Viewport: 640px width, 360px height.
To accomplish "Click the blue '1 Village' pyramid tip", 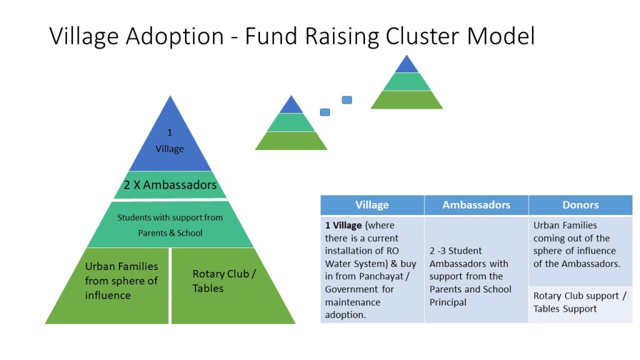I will tap(170, 141).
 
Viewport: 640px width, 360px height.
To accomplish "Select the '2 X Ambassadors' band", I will tap(170, 185).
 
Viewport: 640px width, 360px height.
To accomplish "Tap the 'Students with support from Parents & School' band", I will tap(170, 225).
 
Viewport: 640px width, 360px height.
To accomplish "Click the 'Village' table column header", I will tap(372, 205).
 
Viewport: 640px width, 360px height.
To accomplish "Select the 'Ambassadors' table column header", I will tap(476, 205).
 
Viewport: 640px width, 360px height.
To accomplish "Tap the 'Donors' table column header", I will tap(581, 205).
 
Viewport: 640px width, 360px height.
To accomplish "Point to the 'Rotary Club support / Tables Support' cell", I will tap(580, 302).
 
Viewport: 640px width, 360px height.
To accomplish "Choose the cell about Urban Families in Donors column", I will tap(580, 244).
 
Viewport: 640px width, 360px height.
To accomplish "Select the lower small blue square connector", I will tap(325, 112).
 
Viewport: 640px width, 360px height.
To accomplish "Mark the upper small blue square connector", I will tap(347, 100).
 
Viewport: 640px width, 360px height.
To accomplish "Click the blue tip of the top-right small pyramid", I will tap(407, 66).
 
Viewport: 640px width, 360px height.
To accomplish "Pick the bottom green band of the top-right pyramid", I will tap(407, 100).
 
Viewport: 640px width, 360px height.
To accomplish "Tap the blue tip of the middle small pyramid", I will tap(291, 106).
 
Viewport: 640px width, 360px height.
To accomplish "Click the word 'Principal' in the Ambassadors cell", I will tap(449, 302).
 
